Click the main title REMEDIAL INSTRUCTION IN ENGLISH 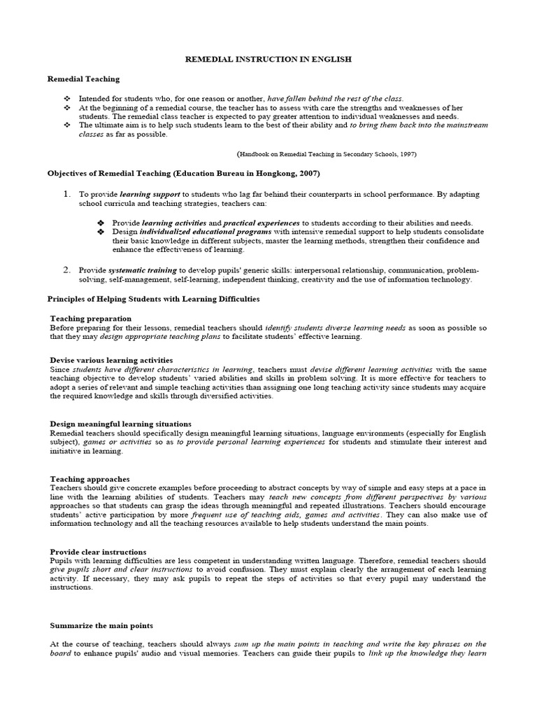click(268, 60)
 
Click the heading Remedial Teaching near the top click(83, 80)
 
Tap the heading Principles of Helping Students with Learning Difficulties click(153, 299)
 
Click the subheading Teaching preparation click(91, 319)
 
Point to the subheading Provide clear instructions click(99, 552)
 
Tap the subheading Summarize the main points click(101, 625)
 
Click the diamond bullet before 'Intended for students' click(67, 99)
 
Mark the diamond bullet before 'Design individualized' click(101, 232)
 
